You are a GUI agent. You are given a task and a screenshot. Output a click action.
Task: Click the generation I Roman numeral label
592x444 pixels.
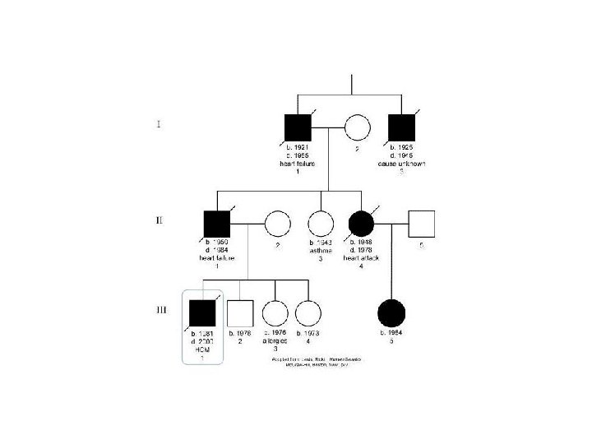coord(159,125)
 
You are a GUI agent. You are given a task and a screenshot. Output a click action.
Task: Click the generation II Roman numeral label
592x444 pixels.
coord(159,220)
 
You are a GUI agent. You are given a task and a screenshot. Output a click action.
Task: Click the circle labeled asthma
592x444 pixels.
coord(320,224)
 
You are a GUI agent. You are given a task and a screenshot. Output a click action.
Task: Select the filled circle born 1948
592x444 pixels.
coord(363,224)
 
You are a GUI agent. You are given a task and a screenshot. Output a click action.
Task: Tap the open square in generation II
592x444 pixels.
coord(421,224)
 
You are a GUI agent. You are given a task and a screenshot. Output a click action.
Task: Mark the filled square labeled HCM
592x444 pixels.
coord(202,312)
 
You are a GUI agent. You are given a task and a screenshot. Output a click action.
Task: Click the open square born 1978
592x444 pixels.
coord(239,312)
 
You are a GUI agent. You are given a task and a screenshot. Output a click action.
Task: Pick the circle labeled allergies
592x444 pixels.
coord(274,312)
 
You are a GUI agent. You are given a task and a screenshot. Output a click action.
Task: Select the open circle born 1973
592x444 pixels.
coord(307,312)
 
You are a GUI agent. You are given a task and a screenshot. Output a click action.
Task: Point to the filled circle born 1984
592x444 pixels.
coord(391,312)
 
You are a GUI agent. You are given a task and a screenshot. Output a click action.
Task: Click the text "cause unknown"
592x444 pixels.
coord(401,164)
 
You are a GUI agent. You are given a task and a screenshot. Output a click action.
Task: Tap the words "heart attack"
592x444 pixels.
coord(363,258)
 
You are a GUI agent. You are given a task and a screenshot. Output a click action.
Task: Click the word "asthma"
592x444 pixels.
coord(320,251)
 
